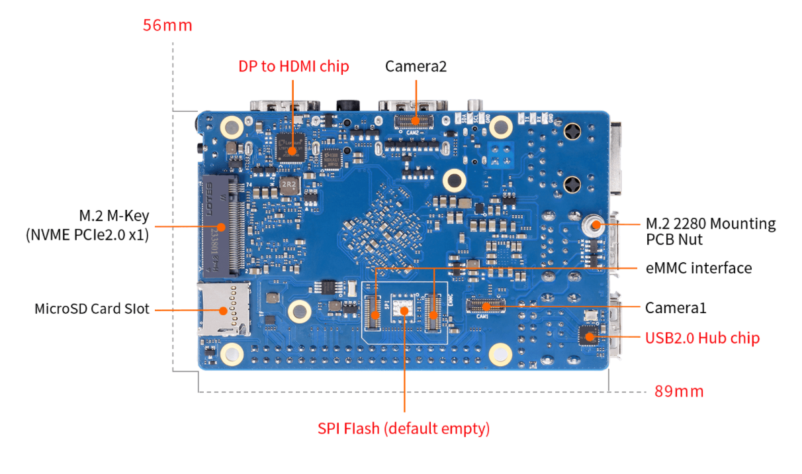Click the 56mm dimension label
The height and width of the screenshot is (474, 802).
[167, 26]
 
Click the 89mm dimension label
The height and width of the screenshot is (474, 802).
[679, 391]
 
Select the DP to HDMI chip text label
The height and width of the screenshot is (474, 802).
[293, 66]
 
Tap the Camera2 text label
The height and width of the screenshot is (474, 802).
[416, 66]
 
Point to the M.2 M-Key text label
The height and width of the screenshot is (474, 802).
[114, 216]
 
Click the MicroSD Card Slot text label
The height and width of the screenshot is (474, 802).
[92, 309]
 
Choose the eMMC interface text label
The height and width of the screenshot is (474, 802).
[698, 268]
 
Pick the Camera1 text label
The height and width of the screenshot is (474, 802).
[676, 308]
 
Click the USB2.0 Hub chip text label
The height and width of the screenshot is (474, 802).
[702, 338]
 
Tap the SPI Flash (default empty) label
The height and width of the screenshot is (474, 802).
[404, 428]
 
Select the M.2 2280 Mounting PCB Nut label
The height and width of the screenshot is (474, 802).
[710, 231]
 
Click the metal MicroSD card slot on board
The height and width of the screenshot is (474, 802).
[224, 308]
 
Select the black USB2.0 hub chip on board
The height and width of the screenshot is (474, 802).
[588, 336]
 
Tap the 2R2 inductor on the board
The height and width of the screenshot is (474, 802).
[289, 185]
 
